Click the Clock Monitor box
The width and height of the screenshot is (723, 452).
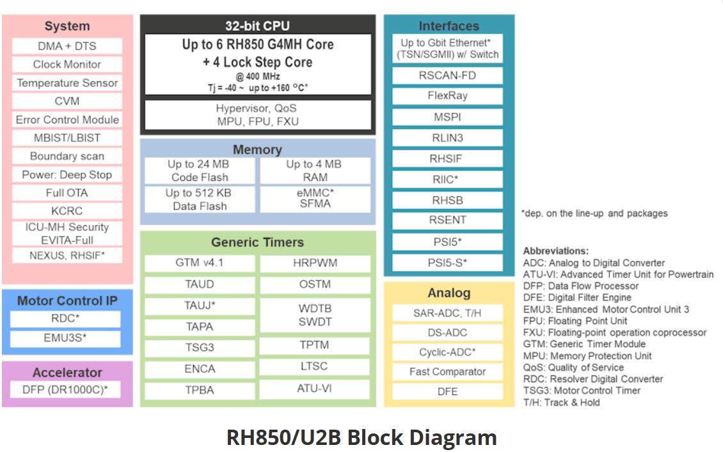pos(67,65)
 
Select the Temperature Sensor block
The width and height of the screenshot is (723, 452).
pos(67,83)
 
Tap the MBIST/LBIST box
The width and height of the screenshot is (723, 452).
pos(67,138)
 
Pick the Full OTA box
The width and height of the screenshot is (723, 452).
pos(67,193)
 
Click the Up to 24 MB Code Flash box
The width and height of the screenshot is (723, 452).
pos(200,171)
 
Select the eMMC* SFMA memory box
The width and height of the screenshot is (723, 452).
pos(314,198)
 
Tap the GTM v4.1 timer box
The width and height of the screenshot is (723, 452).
pos(200,263)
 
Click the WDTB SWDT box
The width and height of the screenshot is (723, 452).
pos(314,315)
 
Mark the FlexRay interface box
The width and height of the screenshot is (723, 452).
pos(447,96)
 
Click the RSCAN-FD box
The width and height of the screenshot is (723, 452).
pos(447,75)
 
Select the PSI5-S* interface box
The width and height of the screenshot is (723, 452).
pos(447,263)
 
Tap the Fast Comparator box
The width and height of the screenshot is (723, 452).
pos(447,372)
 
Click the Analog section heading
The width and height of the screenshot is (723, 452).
pos(449,293)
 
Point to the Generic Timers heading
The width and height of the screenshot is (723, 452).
pos(257,243)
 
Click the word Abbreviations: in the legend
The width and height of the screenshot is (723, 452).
pos(556,251)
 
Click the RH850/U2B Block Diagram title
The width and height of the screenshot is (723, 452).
pos(361,437)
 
